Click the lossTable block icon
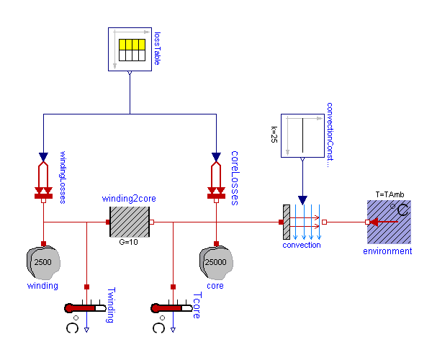pos(130,50)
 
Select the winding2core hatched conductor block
pos(130,222)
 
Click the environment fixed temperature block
pos(389,222)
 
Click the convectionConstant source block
pos(302,135)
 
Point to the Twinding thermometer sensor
pos(86,308)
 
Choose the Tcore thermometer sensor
pos(173,308)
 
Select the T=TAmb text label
pos(390,194)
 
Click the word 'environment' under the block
pos(387,251)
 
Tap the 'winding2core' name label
pos(129,198)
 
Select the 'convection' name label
pos(302,246)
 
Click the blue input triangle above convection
pos(302,199)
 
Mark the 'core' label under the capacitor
pos(215,286)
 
